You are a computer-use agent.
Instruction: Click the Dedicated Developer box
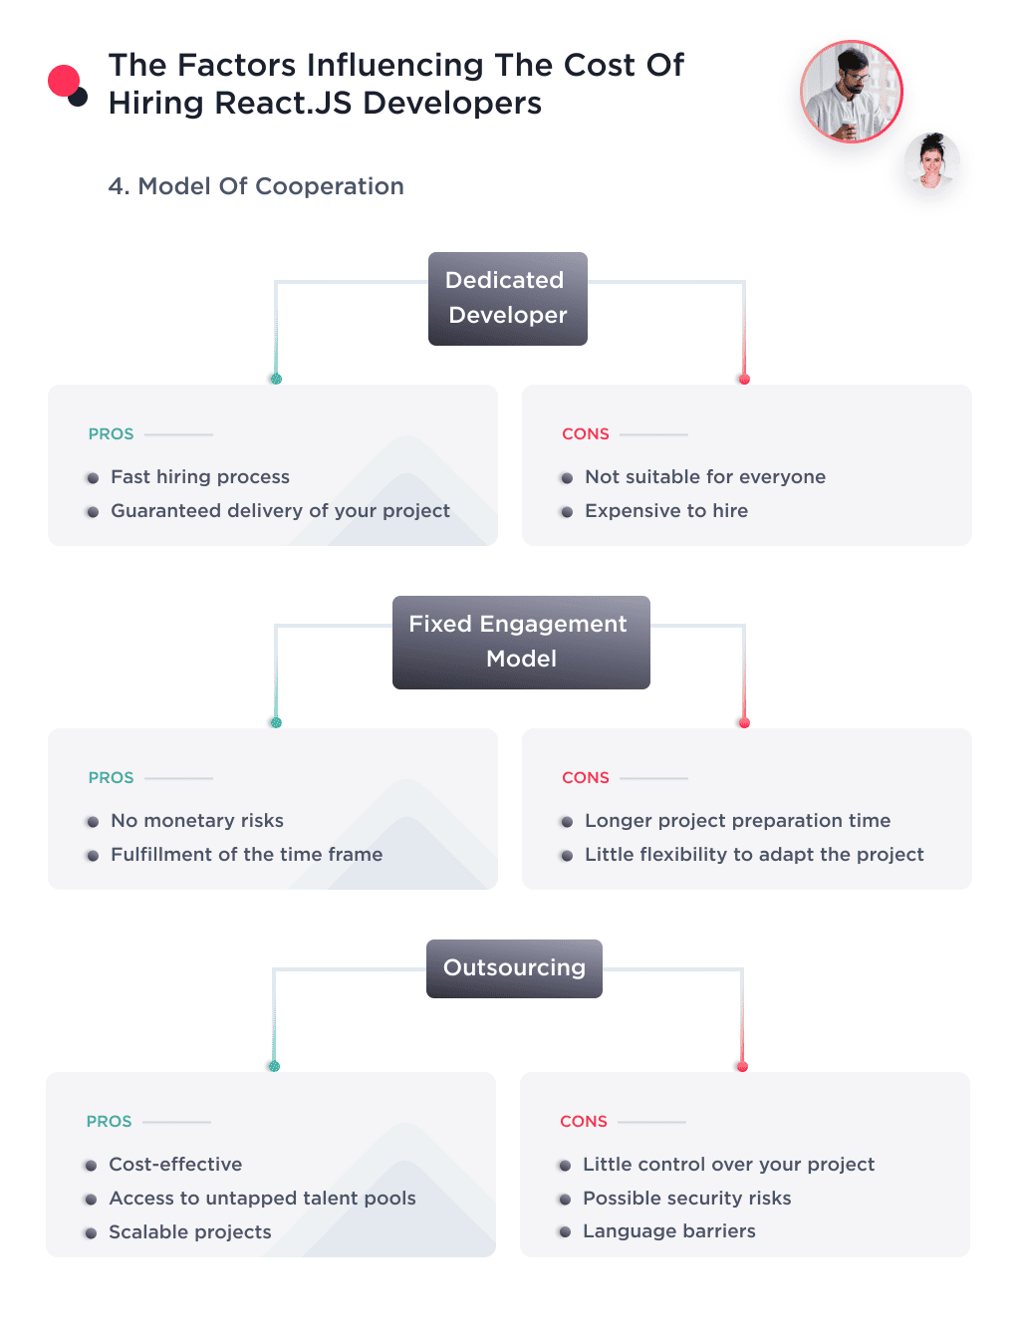(507, 299)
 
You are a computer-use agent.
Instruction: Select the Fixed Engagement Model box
(521, 642)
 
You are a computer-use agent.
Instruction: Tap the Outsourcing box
(514, 968)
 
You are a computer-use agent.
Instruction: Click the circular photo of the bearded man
(852, 92)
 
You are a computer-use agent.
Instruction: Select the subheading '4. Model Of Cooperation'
(256, 186)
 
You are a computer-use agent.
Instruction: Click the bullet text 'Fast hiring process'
(200, 477)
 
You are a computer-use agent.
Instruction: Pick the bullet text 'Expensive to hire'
(666, 511)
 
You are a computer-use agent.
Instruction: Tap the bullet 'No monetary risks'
(197, 821)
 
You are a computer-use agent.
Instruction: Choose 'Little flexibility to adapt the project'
(754, 855)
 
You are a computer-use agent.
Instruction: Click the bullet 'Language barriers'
(669, 1231)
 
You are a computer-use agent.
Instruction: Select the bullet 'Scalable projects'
(190, 1232)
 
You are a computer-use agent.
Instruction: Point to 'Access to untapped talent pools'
(262, 1199)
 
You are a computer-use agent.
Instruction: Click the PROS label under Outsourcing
(110, 1122)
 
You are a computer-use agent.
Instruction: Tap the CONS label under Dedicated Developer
(586, 434)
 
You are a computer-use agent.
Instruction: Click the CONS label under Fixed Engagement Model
(586, 778)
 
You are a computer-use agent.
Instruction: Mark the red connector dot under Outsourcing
(742, 1067)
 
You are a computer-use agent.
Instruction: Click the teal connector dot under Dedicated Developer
(276, 379)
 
